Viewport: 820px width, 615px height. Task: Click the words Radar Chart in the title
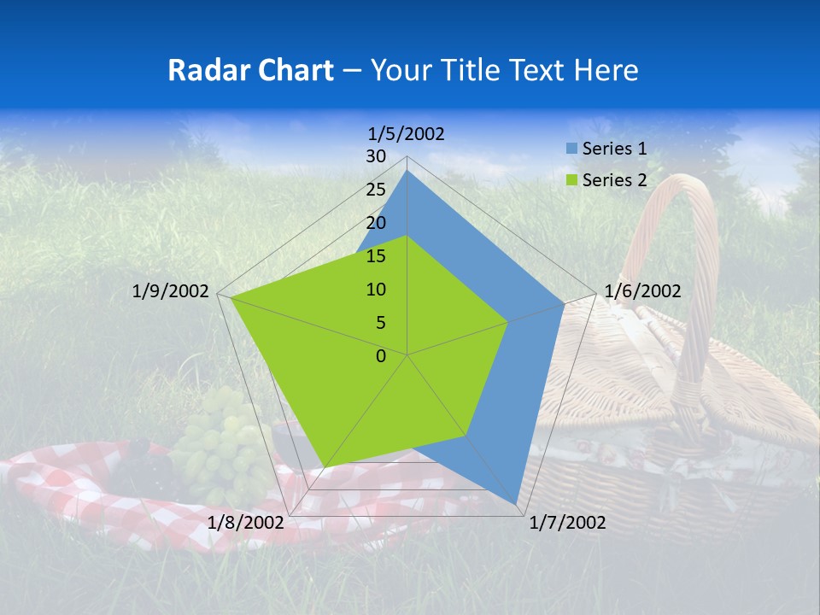[250, 70]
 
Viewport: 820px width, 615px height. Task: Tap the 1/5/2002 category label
[407, 133]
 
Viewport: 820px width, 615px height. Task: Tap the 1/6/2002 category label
[642, 291]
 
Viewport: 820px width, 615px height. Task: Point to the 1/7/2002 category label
[567, 523]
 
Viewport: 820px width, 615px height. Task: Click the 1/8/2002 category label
[246, 522]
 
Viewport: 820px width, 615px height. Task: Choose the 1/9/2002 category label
[171, 291]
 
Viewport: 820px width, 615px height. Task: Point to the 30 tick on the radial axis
[376, 156]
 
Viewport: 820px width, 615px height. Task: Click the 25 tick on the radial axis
[376, 190]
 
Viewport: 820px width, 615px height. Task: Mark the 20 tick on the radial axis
[376, 223]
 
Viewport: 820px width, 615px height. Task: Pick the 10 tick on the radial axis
[376, 290]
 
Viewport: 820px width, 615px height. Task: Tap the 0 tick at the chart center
[381, 356]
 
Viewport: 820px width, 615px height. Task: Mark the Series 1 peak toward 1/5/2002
[407, 170]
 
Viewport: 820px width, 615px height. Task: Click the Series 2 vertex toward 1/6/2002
[508, 322]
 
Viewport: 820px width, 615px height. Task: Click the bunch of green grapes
[224, 444]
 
